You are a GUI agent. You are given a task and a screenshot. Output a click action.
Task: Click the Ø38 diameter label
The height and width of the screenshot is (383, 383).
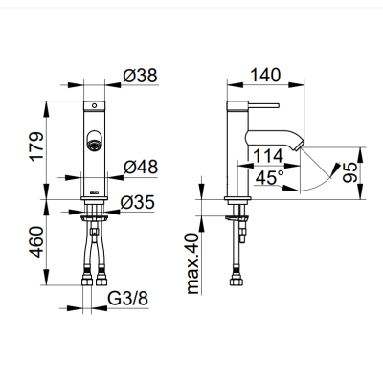pos(140,76)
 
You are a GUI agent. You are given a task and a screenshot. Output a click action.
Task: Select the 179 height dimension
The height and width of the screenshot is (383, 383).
pos(36,146)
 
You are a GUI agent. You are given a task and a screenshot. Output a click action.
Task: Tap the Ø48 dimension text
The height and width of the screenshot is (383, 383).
pos(141,167)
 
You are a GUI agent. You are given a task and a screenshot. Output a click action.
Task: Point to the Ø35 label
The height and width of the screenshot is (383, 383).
pos(138,202)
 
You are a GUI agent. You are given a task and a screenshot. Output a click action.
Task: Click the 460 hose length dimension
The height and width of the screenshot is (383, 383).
pos(36,241)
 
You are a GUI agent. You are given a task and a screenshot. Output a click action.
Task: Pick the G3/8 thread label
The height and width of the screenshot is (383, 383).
pos(128,299)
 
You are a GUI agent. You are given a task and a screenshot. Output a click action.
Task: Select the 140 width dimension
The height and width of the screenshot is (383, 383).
pos(265,76)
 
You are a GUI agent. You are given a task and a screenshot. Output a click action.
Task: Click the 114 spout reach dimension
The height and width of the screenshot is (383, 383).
pos(268,156)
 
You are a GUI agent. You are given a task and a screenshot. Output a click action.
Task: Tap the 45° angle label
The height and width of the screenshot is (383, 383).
pos(270,177)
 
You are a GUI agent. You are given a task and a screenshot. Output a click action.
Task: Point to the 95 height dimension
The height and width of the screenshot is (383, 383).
pos(349,172)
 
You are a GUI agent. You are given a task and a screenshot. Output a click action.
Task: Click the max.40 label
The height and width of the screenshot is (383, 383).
pos(192,263)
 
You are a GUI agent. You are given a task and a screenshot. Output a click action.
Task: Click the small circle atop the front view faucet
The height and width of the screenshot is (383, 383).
pos(94,105)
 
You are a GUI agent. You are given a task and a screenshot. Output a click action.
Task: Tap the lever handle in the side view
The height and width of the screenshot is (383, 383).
pos(263,105)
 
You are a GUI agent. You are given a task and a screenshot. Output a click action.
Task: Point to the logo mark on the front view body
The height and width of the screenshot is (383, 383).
pos(95,192)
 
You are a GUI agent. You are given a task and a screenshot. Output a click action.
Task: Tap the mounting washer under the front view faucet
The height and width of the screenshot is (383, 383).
pos(94,217)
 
